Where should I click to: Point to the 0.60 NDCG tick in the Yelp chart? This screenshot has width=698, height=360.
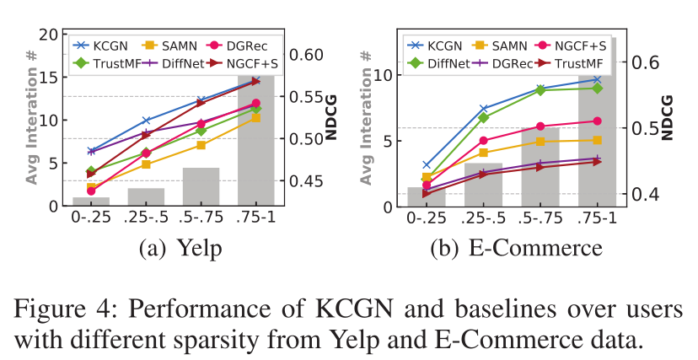307,55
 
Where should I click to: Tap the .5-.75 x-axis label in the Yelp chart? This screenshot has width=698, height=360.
201,218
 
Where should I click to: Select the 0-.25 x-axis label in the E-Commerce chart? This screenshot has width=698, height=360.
426,218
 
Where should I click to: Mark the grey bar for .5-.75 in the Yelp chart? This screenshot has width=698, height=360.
201,186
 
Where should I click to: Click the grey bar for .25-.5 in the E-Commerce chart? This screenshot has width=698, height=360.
483,185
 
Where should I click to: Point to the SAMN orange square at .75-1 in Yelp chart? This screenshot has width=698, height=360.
256,118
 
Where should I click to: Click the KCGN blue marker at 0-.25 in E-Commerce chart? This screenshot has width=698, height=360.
426,165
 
